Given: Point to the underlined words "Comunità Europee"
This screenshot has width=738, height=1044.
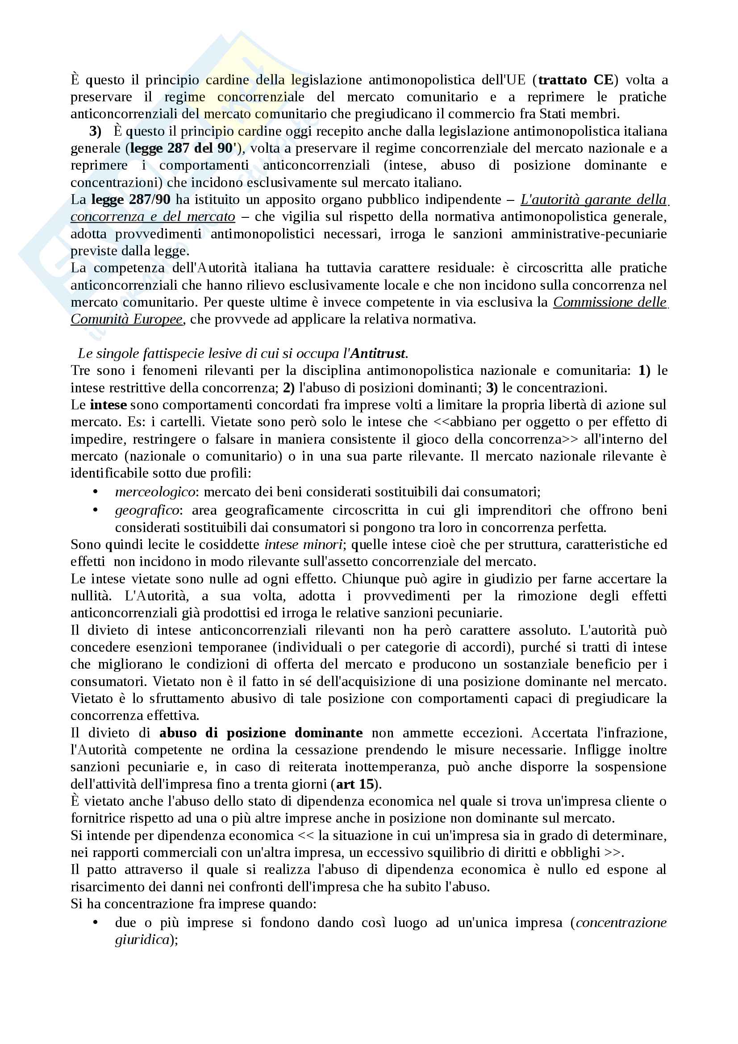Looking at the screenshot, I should (126, 319).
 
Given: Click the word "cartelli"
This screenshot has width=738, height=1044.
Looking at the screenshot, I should (180, 422).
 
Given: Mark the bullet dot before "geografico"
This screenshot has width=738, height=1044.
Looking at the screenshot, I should (96, 510).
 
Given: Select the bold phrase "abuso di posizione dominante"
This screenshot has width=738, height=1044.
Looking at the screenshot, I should (261, 733).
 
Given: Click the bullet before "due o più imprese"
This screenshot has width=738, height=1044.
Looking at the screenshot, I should (96, 923).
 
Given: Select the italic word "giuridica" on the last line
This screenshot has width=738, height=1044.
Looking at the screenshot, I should (142, 940).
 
